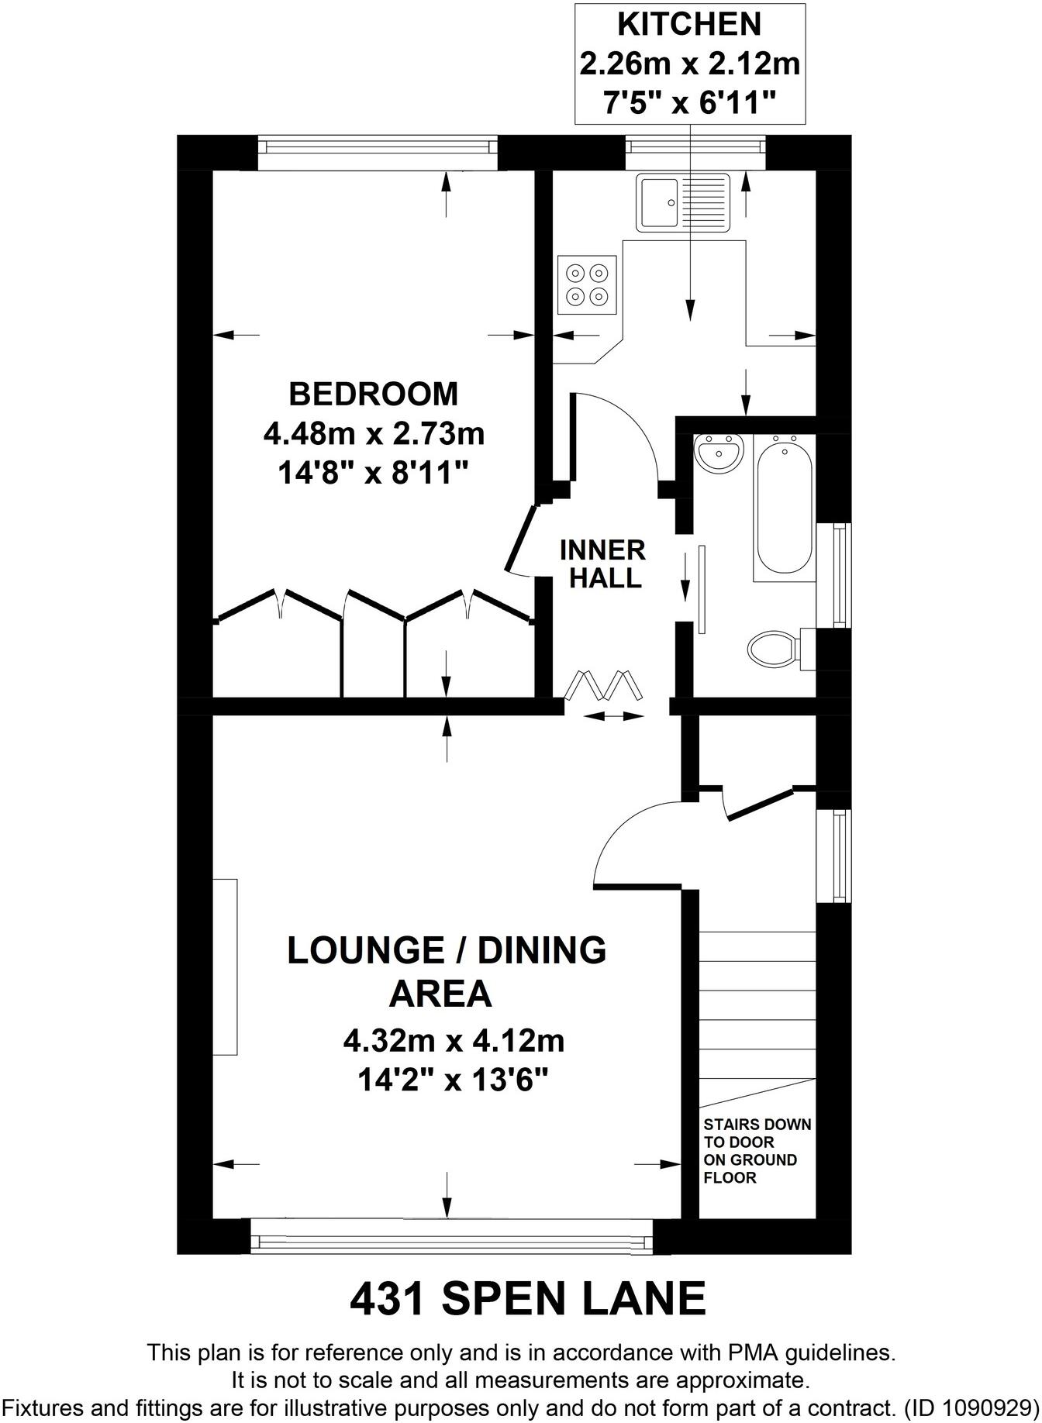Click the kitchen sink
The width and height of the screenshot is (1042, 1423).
(x=683, y=202)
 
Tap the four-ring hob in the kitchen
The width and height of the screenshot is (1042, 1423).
(x=587, y=284)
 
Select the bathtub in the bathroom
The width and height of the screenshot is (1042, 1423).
(x=785, y=507)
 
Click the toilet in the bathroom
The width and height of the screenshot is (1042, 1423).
(x=775, y=646)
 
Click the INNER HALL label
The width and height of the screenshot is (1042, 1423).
(x=603, y=563)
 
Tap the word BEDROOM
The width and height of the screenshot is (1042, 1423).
(x=374, y=394)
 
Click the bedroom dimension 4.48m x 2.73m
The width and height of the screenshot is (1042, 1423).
(x=374, y=433)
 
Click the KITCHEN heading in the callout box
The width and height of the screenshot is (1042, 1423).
(x=689, y=25)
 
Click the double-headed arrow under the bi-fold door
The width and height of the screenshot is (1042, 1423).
(x=613, y=717)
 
